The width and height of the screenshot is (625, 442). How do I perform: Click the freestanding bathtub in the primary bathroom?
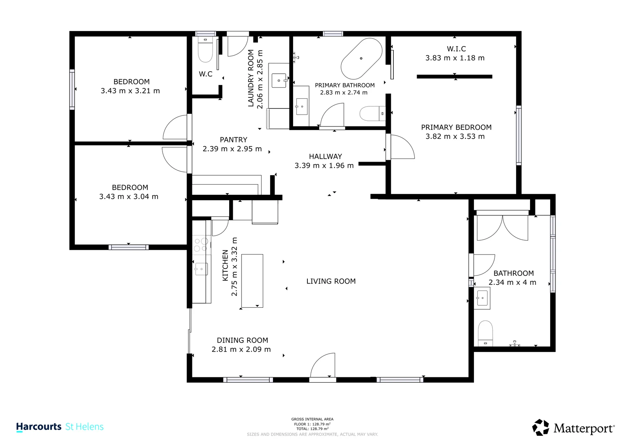[361, 59]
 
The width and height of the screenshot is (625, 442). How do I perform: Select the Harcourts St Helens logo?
[60, 426]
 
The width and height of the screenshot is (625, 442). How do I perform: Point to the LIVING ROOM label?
[331, 281]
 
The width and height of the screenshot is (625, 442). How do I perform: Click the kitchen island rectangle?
[252, 281]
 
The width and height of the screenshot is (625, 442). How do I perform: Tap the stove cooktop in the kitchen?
[201, 245]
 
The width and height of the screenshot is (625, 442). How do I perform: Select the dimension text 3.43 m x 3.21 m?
[130, 91]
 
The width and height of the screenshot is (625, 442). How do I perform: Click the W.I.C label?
[456, 49]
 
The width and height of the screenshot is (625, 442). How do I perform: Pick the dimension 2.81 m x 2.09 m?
[241, 350]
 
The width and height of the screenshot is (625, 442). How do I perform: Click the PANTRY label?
[234, 140]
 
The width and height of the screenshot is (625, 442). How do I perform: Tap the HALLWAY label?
[325, 156]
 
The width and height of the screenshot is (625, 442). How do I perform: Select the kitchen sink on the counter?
[201, 269]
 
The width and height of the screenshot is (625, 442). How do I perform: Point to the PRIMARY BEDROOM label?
[456, 127]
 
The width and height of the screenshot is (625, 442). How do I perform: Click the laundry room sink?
[279, 80]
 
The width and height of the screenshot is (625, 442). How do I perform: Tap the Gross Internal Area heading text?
[312, 419]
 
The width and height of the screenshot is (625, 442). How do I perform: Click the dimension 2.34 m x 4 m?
[512, 282]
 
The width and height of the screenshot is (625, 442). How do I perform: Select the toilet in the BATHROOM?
[485, 334]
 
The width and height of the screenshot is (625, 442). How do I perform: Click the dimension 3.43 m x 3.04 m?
[129, 196]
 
